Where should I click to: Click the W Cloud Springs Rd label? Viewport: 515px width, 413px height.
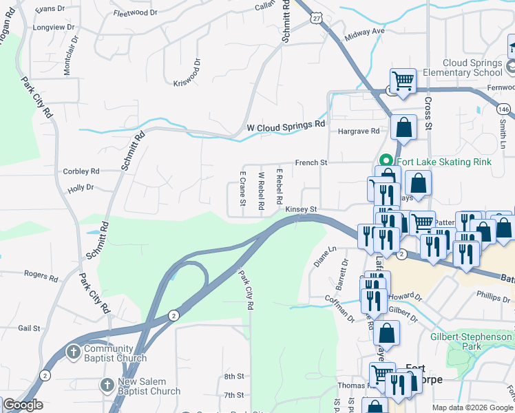[285, 127]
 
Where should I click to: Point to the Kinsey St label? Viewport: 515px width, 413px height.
[301, 209]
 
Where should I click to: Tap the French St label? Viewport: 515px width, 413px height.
[311, 162]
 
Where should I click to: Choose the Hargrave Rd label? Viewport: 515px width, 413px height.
[358, 131]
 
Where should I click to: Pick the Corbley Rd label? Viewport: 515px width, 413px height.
[81, 171]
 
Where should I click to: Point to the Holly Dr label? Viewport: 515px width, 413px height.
[81, 187]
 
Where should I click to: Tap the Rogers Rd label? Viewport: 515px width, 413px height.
[41, 276]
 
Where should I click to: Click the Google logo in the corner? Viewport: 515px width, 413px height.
[23, 405]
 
